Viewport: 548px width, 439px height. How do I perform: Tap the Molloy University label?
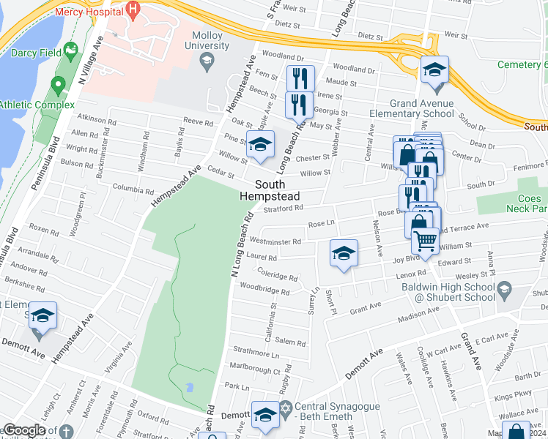207,41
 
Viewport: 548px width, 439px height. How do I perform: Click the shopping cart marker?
424,241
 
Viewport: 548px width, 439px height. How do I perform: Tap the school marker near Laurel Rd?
344,254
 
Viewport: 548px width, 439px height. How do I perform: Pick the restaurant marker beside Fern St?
300,78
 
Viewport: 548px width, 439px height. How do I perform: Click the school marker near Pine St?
259,145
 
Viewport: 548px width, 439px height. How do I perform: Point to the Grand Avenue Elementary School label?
433,108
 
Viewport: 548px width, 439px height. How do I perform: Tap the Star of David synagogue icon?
286,406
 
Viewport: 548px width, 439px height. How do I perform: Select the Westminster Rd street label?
275,241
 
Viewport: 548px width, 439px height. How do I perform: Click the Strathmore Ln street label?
256,354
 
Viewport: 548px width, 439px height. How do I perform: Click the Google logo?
24,429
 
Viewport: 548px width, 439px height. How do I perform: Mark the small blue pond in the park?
190,386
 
